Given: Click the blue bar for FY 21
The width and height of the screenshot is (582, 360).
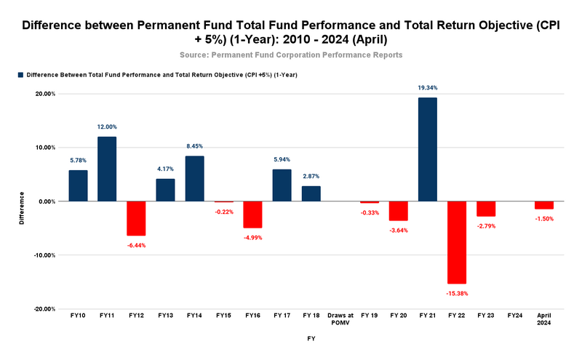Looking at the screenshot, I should [427, 149].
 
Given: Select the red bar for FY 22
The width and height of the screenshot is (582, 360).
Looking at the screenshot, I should [456, 242].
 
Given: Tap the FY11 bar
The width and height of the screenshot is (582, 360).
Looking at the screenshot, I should [107, 169].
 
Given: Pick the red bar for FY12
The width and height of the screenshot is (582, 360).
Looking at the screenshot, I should [136, 218].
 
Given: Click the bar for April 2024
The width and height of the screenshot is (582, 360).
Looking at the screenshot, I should [543, 205].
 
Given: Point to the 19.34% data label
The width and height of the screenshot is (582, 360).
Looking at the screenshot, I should [427, 88].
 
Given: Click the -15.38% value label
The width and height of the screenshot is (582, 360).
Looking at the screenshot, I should [456, 293].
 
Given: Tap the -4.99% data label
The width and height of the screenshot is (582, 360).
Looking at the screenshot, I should [252, 238].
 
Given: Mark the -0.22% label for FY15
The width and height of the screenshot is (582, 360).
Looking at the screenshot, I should [223, 212].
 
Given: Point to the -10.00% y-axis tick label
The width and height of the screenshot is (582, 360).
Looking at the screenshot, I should [44, 255].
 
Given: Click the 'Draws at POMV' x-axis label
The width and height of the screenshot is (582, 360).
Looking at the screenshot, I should [340, 319].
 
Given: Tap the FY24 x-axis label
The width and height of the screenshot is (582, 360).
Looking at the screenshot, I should [514, 316].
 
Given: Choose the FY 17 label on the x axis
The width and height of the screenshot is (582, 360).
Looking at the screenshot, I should [282, 316].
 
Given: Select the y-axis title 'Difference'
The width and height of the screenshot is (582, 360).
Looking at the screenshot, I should [22, 207].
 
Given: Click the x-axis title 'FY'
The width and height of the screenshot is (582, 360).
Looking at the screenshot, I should [311, 339].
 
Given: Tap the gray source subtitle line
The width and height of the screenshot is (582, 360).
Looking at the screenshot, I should [291, 55].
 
